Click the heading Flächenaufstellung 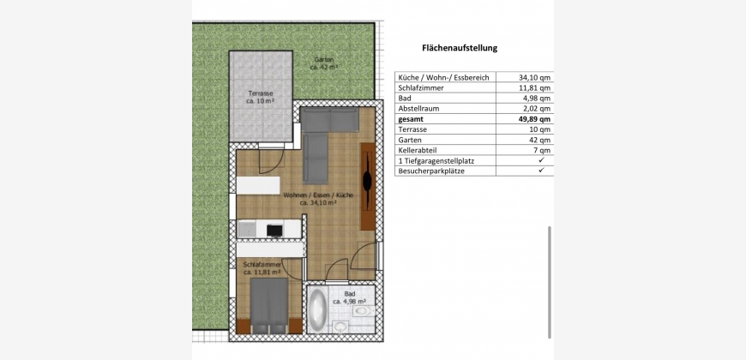pos(460,47)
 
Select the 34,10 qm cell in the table pos(534,77)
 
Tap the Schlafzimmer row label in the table pos(420,87)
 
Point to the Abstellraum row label pos(418,108)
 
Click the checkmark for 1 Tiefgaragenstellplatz pos(541,161)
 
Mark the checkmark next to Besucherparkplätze pos(541,171)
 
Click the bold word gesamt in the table pos(410,119)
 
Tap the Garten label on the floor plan pos(324,63)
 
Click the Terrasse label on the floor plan pos(261,97)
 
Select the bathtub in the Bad pos(317,309)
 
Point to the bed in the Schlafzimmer pos(268,305)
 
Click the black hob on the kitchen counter pos(274,231)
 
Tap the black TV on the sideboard pos(367,181)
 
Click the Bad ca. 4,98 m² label pos(349,297)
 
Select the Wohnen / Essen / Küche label pos(318,199)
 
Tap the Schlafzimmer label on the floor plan pos(262,268)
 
